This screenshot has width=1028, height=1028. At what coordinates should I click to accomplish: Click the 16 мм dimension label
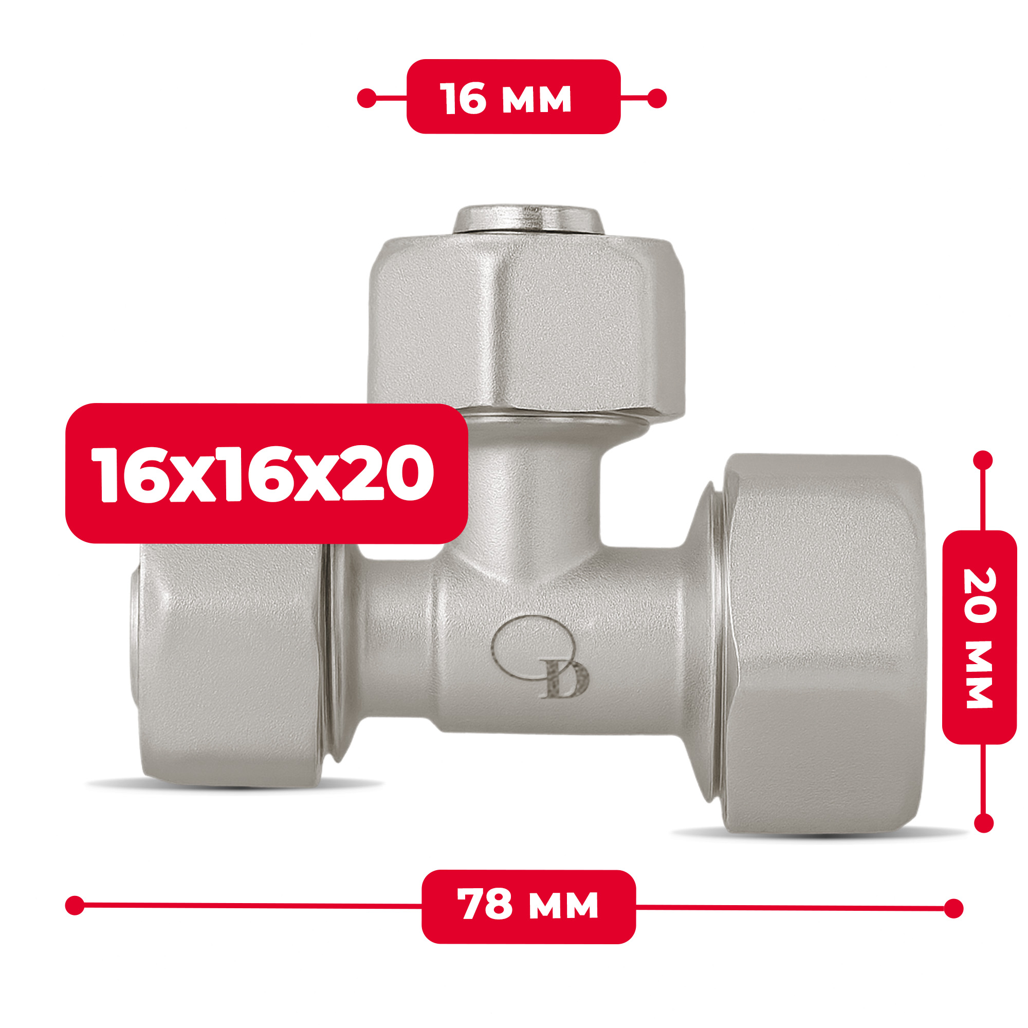pos(513,96)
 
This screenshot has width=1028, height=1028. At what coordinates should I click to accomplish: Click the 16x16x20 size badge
pos(267,473)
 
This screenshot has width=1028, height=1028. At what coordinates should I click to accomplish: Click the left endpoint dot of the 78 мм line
pos(75,905)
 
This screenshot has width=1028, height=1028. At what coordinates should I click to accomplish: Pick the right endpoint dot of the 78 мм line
pos(953,908)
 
